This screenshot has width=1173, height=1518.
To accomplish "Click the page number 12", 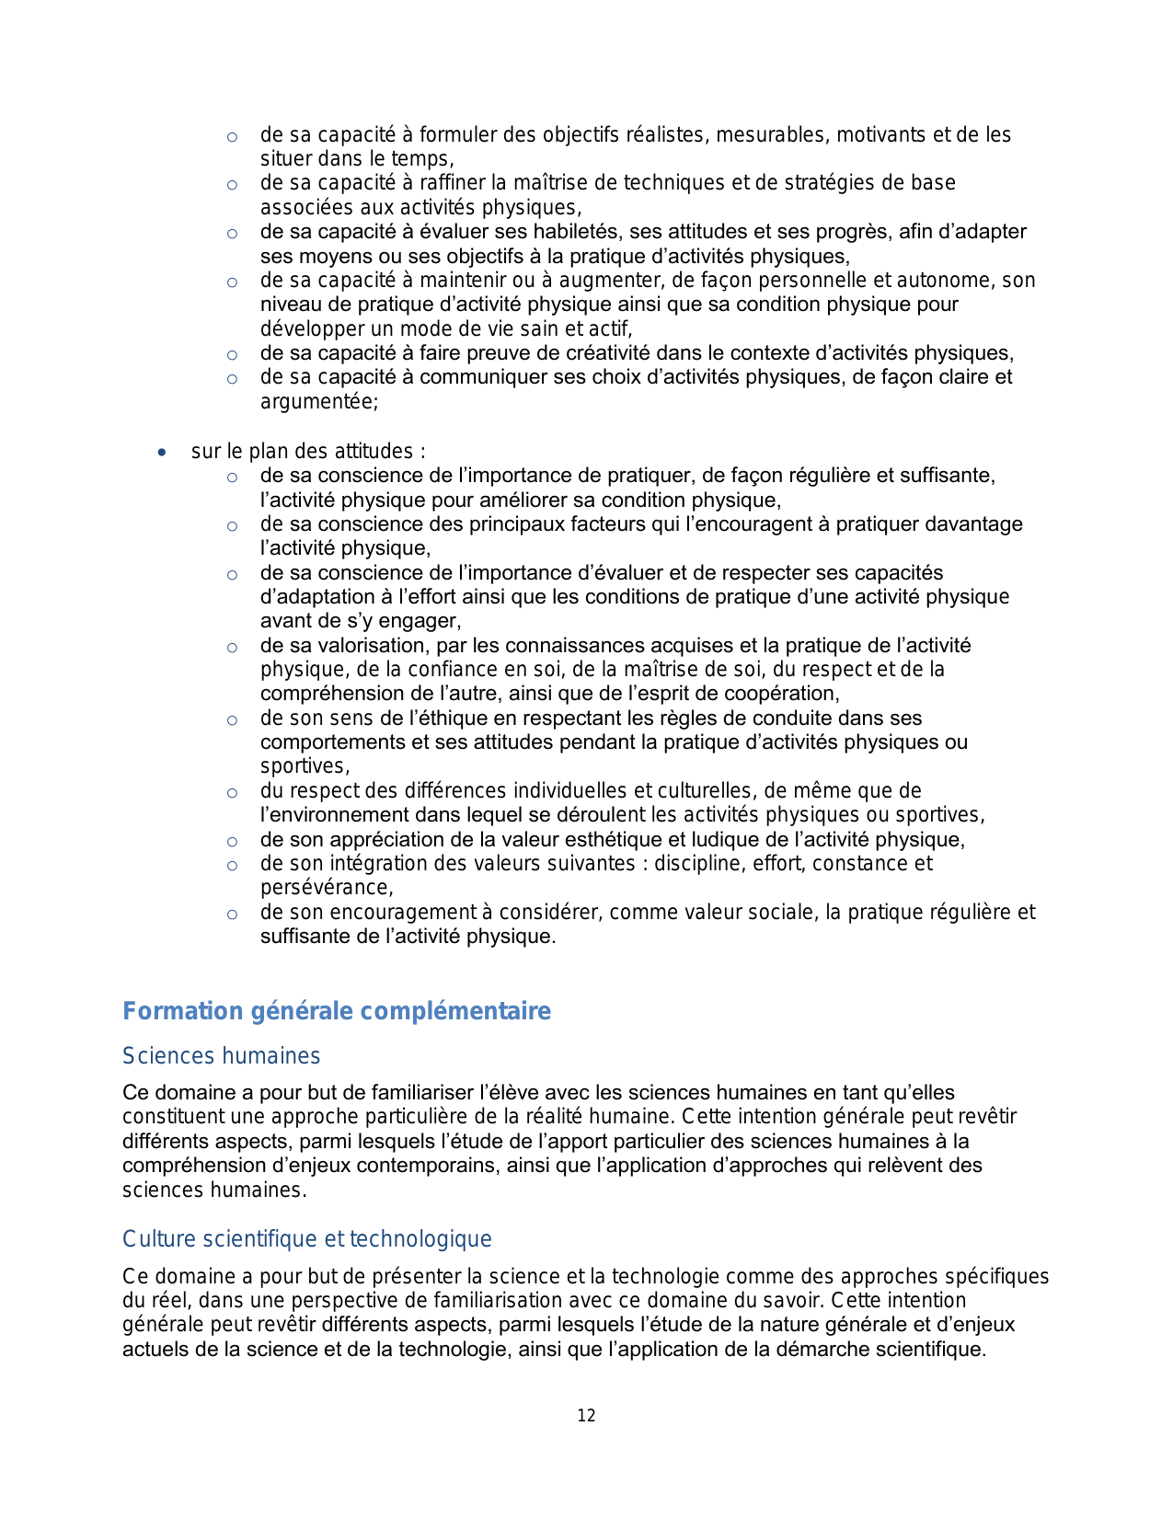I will pos(586,1416).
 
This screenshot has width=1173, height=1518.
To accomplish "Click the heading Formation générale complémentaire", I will pos(337,1011).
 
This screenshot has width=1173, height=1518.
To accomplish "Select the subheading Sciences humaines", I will pos(221,1056).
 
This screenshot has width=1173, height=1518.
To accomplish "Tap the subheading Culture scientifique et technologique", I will pos(306,1239).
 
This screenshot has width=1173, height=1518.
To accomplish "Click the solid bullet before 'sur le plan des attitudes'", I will pos(162,453).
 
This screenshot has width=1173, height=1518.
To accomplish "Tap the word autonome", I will pos(949,280).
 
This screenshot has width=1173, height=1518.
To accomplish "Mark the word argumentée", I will pos(317,402).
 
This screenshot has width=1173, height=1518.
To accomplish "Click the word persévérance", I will pos(325,888).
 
